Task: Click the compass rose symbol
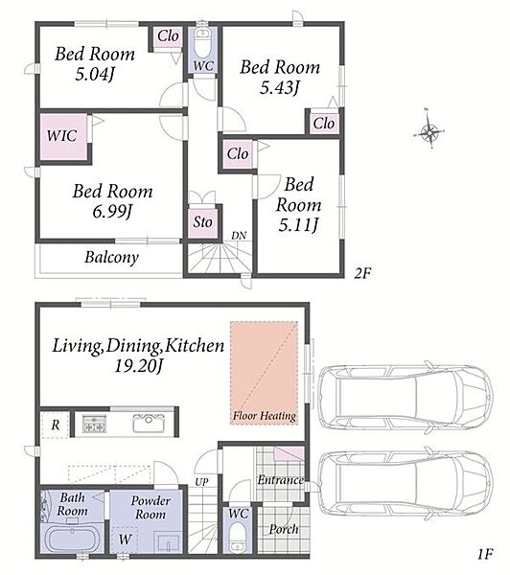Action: pos(429,129)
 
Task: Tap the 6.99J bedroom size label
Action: pos(112,212)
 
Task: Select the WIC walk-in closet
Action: pos(63,137)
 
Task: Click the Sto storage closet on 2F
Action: pos(203,222)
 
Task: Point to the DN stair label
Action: pos(239,236)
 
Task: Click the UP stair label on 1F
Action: pos(201,482)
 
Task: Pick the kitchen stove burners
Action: pos(94,424)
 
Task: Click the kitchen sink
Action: pos(149,424)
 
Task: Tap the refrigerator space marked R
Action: pos(55,425)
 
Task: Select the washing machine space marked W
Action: pos(125,540)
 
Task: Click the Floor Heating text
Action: pos(265,416)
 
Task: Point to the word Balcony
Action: pos(111,257)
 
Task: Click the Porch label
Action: pos(283,529)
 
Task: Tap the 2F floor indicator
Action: pos(363,273)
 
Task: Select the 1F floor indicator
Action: pos(485,554)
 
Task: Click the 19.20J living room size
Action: pos(138,366)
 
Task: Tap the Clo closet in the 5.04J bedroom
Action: pos(168,36)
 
